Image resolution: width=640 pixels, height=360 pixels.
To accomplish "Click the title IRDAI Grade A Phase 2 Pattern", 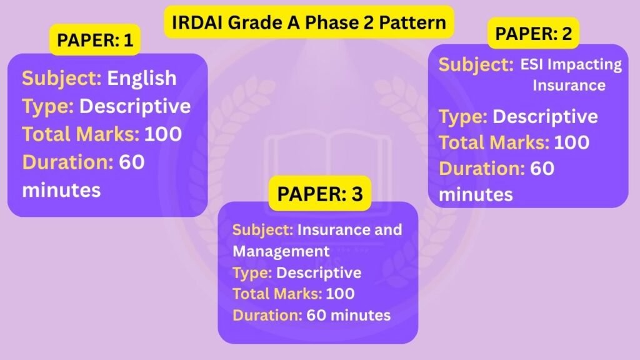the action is [x=309, y=22].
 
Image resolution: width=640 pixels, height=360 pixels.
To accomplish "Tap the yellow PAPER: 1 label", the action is [x=95, y=40].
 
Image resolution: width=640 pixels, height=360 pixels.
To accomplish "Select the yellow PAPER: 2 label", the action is [x=534, y=34].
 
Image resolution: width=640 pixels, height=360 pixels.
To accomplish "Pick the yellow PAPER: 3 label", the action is [x=320, y=194].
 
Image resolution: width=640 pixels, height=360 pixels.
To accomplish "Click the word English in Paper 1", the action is [x=142, y=78].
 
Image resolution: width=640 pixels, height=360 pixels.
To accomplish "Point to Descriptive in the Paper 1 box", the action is [x=135, y=106].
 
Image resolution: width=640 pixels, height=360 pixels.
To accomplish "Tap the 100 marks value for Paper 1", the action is [x=163, y=134].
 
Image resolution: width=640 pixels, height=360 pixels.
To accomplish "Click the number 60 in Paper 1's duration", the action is [x=131, y=162].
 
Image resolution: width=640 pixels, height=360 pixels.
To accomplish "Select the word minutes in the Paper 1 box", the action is [x=61, y=190].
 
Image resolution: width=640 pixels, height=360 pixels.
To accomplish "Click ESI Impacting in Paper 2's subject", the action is [x=571, y=64].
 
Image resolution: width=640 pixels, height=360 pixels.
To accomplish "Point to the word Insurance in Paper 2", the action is [x=569, y=85].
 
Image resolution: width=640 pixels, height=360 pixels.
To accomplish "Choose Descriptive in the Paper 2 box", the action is [x=545, y=117].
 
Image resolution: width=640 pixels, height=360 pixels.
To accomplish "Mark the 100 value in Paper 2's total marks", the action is [x=571, y=142].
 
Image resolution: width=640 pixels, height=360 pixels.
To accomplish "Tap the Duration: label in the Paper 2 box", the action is [x=482, y=169].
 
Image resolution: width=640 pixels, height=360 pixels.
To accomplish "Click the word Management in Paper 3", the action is [x=281, y=251].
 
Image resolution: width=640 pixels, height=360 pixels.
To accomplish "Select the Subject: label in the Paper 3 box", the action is [x=263, y=230].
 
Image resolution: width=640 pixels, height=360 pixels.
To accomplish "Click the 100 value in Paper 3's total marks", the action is [x=340, y=294].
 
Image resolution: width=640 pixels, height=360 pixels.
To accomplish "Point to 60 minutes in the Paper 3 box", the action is [x=349, y=315].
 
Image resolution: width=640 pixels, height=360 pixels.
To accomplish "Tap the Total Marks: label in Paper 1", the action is [x=81, y=134].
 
